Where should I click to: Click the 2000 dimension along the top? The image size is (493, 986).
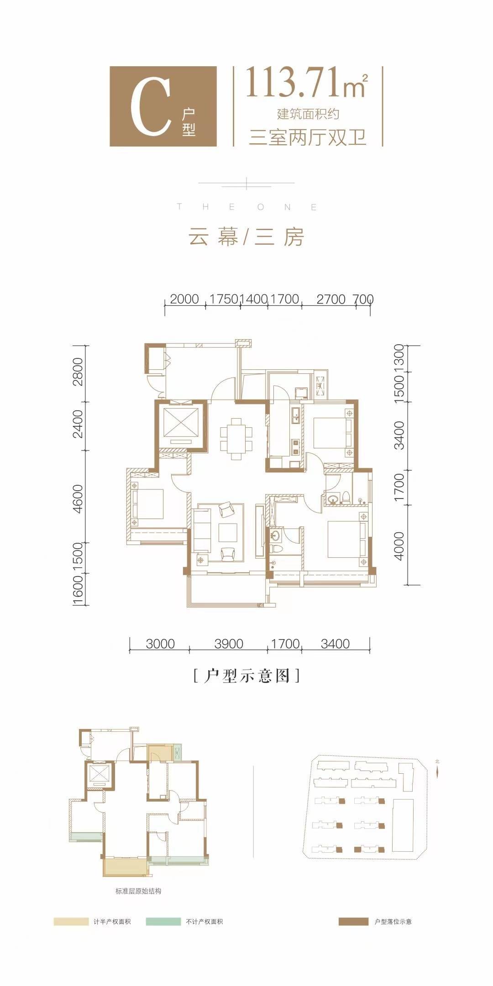point(184,299)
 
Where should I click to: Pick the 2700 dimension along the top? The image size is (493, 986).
point(331,299)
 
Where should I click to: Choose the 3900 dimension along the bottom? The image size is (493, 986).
point(228,644)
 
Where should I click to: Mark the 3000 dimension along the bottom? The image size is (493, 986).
point(160,644)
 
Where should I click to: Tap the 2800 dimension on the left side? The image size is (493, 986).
point(78,372)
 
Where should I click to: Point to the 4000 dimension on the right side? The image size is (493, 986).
point(399,546)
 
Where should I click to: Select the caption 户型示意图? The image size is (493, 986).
point(246,676)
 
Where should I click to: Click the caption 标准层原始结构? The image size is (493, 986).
point(138,891)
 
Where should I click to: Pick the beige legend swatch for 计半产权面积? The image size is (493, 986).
point(71,922)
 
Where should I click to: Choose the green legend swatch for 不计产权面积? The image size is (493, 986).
point(163,922)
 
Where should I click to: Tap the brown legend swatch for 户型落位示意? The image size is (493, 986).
point(353,922)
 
